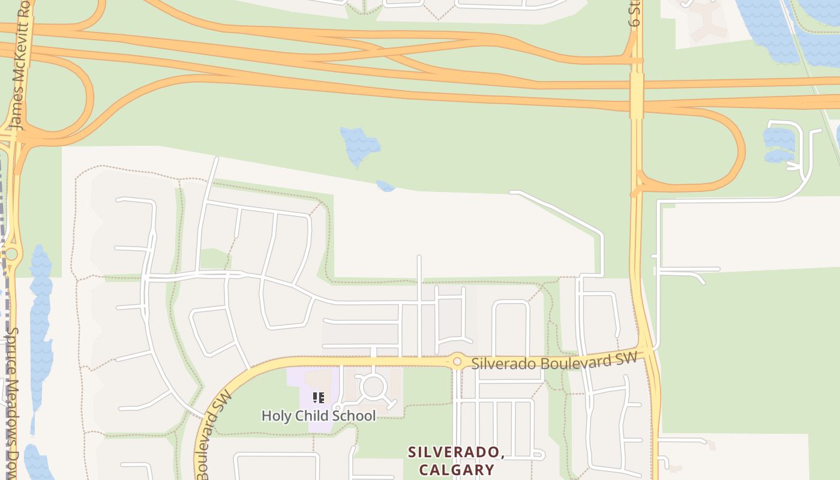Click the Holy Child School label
319,416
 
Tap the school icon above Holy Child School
319,397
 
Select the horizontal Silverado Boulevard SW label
553,362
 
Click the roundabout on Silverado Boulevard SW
457,361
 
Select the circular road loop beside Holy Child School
373,387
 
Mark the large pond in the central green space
359,146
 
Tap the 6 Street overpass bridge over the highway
637,95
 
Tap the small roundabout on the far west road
10,254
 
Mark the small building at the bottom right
712,445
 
